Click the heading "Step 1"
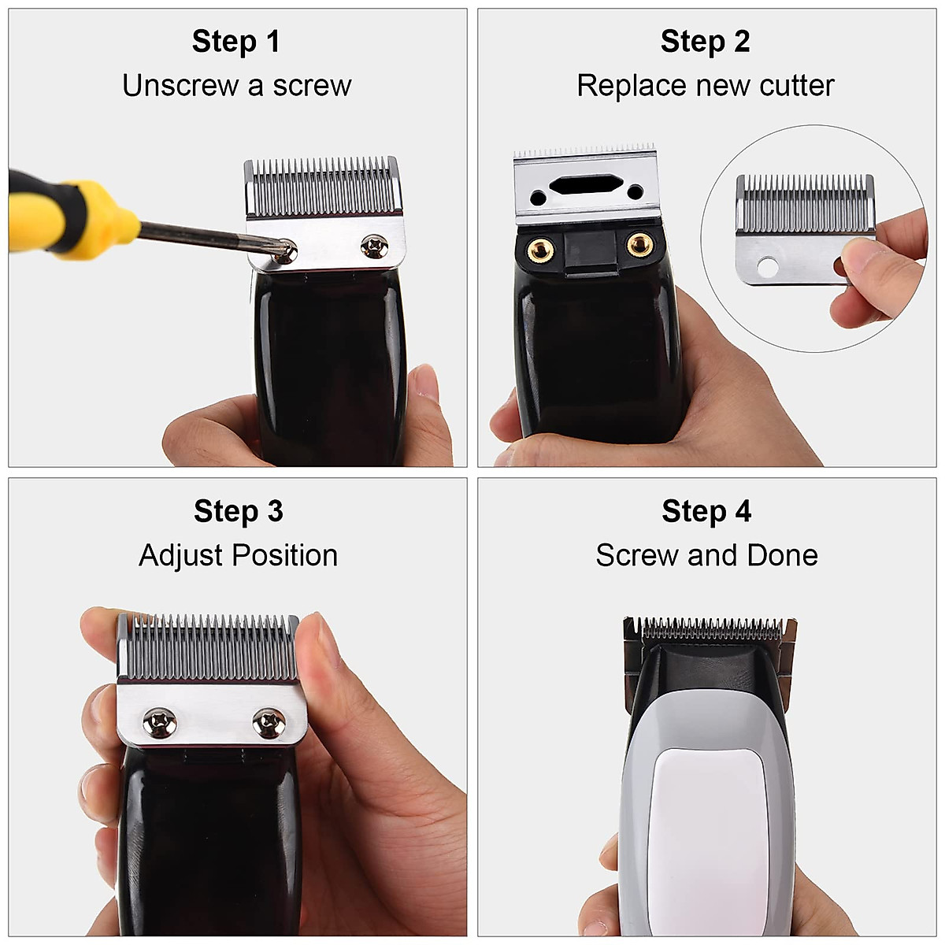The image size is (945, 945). tap(235, 42)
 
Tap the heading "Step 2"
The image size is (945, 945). tap(705, 42)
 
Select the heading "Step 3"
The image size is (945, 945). tap(238, 512)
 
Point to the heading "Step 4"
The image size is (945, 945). tap(706, 512)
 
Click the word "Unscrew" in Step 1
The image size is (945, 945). tap(180, 86)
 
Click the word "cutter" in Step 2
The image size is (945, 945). tap(796, 86)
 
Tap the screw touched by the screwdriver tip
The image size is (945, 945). tap(283, 251)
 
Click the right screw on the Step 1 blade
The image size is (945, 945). tap(373, 246)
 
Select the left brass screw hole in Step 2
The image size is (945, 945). tap(540, 250)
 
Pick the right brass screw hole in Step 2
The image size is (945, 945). tap(639, 245)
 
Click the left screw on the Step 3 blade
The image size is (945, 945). tap(160, 722)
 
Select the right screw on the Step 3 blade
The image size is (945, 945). tap(269, 723)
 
